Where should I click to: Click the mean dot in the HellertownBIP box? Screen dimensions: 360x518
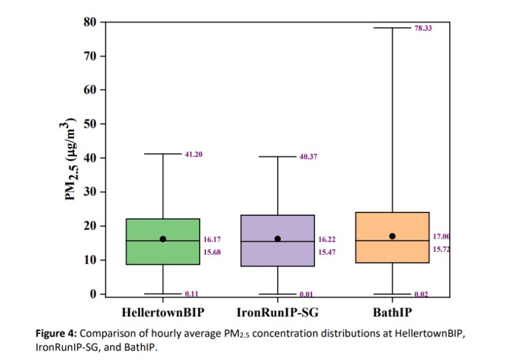click(162, 239)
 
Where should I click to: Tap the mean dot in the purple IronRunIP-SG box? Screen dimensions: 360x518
click(278, 239)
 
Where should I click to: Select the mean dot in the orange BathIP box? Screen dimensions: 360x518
click(393, 236)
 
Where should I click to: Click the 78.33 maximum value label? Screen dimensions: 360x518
click(423, 28)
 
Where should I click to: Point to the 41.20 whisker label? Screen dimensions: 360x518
click(194, 154)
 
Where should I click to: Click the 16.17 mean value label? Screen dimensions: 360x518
click(212, 239)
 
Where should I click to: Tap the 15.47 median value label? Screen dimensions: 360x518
click(327, 252)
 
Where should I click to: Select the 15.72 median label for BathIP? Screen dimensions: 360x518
click(443, 249)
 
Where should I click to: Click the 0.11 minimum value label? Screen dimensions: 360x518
click(192, 294)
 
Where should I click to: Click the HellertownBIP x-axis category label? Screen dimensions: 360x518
click(162, 311)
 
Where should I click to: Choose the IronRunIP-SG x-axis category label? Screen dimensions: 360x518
click(277, 311)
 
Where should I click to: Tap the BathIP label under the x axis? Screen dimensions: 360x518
click(393, 311)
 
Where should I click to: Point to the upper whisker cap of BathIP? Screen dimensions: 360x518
click(393, 28)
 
